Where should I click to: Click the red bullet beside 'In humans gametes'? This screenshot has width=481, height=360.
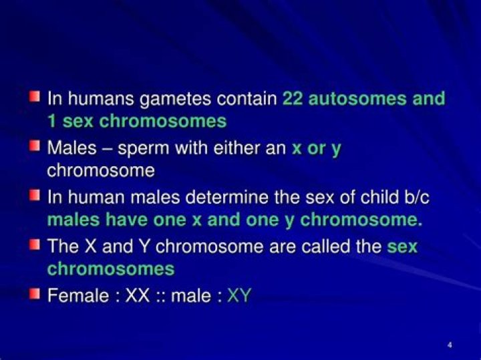coord(35,97)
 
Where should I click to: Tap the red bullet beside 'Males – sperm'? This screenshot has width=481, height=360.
coord(35,146)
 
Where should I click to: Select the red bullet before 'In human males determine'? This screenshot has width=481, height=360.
coord(35,195)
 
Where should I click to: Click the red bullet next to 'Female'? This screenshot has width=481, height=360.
coord(35,294)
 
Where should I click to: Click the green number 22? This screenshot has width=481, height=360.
coord(293,99)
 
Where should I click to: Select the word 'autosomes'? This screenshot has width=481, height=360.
coord(357,99)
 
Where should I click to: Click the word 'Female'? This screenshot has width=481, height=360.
coord(78,296)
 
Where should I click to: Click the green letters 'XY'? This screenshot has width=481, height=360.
coord(239,296)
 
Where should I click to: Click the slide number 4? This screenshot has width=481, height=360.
coord(450,345)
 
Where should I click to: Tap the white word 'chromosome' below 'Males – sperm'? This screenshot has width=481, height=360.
coord(101,171)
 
